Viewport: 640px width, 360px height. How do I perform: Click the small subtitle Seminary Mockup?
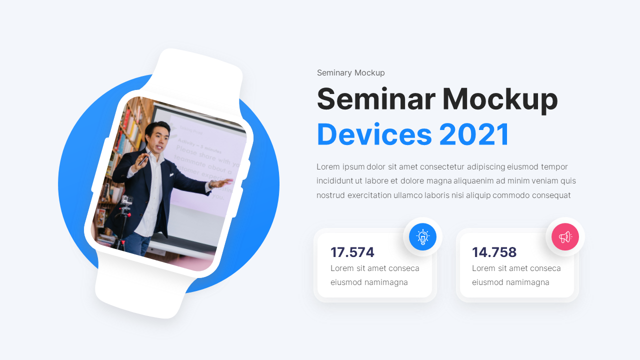350,73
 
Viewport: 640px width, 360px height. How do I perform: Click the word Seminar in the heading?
375,99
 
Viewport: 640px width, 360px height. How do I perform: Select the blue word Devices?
374,134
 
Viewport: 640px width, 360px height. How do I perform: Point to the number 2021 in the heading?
474,134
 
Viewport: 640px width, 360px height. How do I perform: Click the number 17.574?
352,252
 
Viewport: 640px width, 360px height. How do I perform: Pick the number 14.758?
494,252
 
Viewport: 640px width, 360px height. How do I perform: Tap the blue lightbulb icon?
422,236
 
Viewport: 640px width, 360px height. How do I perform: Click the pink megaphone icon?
565,236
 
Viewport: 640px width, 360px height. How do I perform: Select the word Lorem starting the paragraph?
328,167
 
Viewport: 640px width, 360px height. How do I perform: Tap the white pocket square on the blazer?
171,174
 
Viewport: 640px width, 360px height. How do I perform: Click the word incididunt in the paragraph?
334,181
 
